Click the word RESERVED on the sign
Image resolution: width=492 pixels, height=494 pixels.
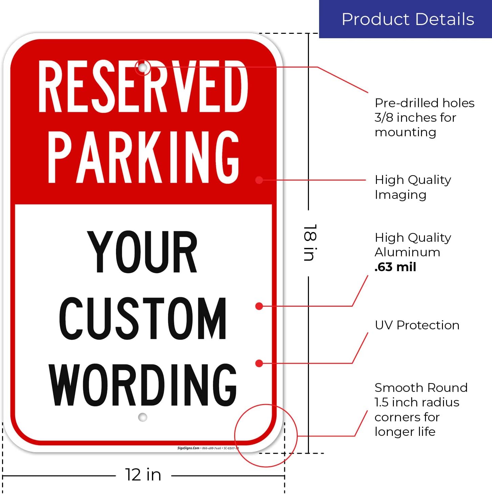[143, 87]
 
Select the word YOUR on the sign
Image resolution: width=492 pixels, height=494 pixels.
[142, 252]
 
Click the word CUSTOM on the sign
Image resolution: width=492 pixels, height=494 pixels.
[142, 318]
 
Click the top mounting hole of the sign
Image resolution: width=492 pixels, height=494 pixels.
[143, 68]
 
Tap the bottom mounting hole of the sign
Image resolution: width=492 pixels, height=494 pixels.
[143, 417]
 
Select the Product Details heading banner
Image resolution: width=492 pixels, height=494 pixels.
[405, 19]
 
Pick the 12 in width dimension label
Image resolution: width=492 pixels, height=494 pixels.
[143, 475]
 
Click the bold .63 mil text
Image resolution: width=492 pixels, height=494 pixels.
[395, 267]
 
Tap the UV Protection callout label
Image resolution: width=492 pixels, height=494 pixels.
[417, 325]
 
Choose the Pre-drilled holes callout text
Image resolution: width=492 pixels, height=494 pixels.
[424, 117]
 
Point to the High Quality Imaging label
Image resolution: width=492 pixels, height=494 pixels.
[413, 187]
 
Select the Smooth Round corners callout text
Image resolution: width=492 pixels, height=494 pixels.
[421, 409]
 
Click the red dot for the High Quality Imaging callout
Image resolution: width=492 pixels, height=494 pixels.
[259, 180]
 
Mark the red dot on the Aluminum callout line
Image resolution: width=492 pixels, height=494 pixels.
[259, 306]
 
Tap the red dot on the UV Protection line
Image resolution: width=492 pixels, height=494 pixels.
[259, 363]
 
